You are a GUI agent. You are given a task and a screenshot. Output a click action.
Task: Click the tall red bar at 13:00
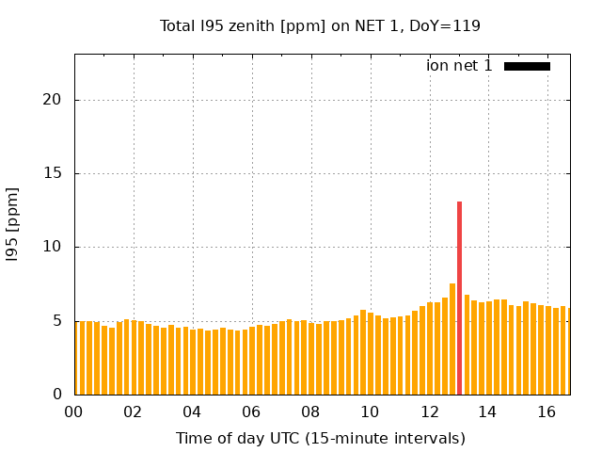pos(459,298)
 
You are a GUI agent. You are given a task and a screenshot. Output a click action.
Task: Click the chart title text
pos(320,25)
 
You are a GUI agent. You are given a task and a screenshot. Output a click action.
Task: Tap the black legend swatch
pos(527,66)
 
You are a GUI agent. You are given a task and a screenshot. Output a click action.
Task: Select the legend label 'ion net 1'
pos(459,66)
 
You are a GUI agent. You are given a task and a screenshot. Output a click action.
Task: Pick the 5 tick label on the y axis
pos(57,321)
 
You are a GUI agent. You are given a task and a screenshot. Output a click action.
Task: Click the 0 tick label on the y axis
pos(57,395)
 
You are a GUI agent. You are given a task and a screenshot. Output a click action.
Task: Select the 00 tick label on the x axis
pos(73,412)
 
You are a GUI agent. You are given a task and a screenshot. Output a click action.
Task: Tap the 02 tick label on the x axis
pos(133,412)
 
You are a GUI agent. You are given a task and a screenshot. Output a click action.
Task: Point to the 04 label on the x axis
pos(192,412)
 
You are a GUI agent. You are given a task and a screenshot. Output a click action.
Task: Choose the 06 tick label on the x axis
pos(251,412)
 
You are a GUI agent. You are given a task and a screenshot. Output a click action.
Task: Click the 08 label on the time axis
pos(310,412)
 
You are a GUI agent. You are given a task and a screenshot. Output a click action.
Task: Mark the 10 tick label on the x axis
pos(370,412)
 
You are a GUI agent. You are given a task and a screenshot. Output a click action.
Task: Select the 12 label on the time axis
pos(429,412)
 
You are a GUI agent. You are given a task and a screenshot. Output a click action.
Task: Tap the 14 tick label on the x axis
pos(487,412)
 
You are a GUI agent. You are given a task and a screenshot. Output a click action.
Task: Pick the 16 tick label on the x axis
pos(547,412)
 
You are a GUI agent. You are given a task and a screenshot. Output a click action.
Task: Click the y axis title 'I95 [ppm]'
pos(12,224)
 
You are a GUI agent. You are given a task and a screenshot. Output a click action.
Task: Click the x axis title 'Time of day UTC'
pos(320,438)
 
